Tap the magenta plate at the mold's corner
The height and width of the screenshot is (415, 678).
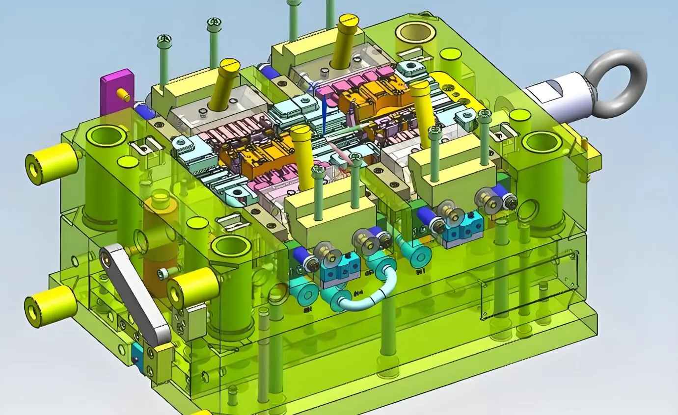click(116, 91)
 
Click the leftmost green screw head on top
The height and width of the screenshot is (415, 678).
click(163, 39)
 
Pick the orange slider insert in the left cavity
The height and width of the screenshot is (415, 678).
click(255, 152)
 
